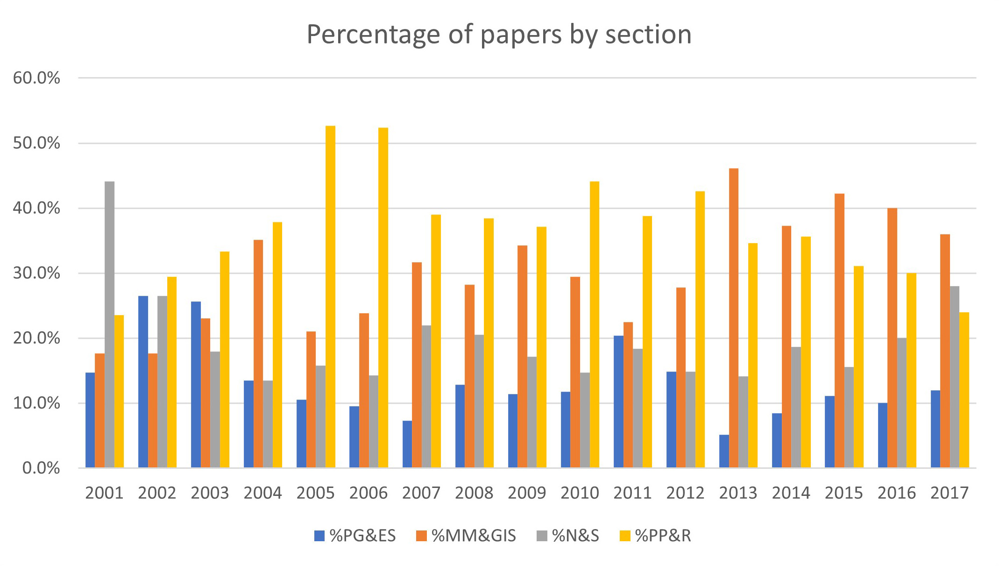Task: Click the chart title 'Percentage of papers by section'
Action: click(x=499, y=35)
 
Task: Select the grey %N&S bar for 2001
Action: click(x=109, y=324)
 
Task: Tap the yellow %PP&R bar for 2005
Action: click(x=330, y=297)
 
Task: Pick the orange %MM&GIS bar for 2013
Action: click(x=734, y=318)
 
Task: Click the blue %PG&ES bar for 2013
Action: click(x=724, y=451)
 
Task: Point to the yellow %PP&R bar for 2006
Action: click(x=383, y=298)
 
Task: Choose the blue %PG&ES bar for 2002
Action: click(x=143, y=382)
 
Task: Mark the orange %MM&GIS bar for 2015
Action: click(x=839, y=330)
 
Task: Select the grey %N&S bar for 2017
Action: click(x=955, y=377)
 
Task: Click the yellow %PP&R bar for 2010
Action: click(x=594, y=324)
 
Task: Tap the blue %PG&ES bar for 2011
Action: click(x=618, y=401)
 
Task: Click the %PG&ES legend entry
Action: click(x=355, y=536)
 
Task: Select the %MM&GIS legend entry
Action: click(x=466, y=536)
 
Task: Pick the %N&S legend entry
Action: click(x=568, y=536)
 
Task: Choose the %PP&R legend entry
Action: click(x=655, y=536)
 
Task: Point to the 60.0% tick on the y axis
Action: click(x=36, y=78)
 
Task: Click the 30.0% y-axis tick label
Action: click(x=36, y=273)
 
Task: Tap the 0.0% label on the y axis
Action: click(x=41, y=468)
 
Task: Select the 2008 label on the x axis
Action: click(x=474, y=493)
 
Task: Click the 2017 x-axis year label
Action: click(x=949, y=493)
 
